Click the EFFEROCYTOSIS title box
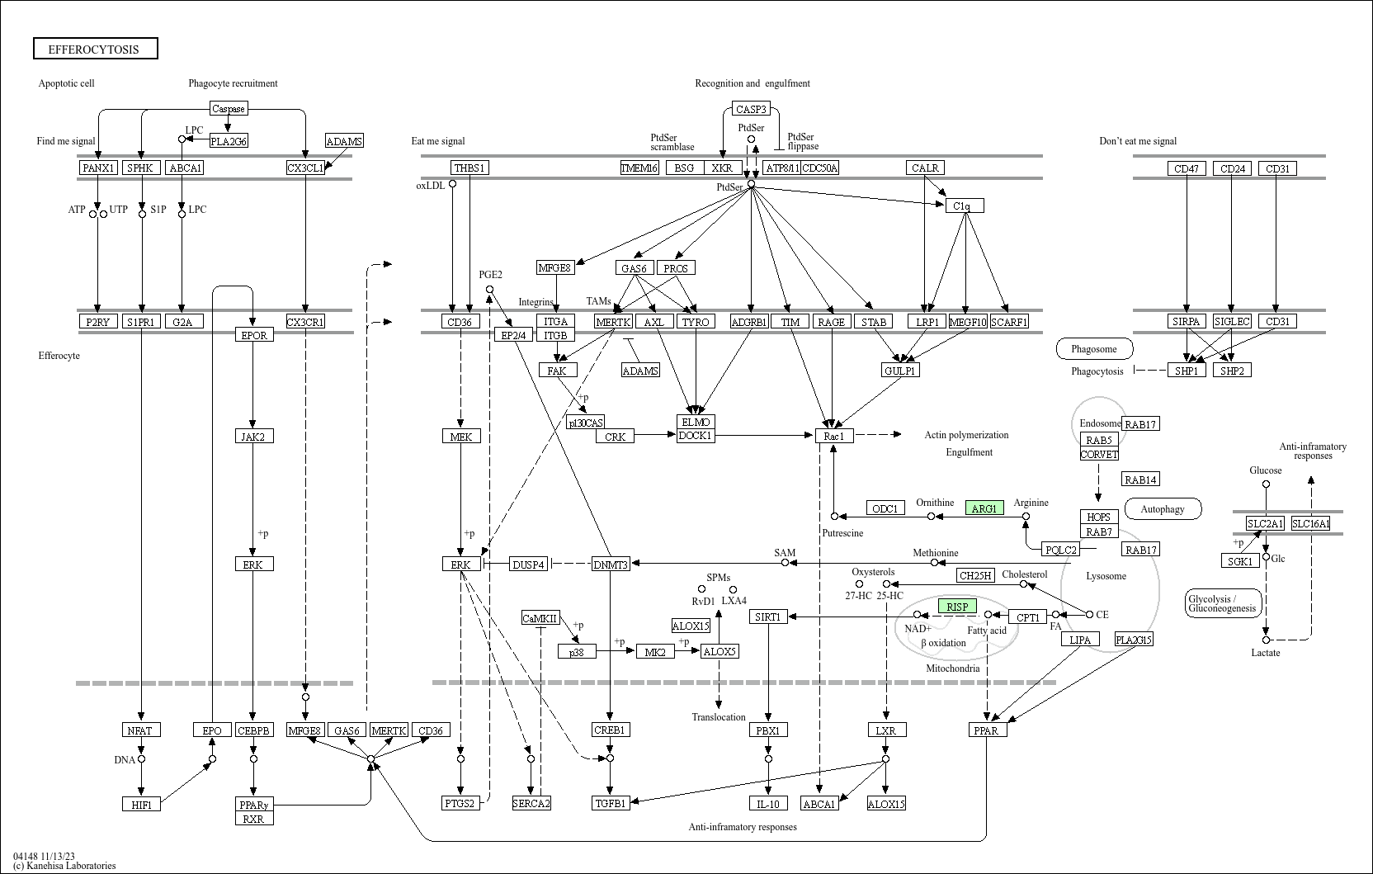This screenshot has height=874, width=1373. (x=96, y=49)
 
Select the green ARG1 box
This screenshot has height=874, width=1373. (x=984, y=508)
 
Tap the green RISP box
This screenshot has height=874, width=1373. (x=957, y=606)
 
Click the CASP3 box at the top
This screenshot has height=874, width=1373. (x=751, y=109)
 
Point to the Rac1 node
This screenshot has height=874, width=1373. (x=834, y=436)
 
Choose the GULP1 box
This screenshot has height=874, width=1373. (x=900, y=371)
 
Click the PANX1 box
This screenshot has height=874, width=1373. (x=98, y=168)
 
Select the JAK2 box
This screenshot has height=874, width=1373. (x=254, y=436)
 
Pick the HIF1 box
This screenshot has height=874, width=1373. (x=142, y=804)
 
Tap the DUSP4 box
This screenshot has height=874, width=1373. (x=528, y=564)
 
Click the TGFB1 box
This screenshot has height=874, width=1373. (x=611, y=803)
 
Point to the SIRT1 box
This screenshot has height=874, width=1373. (x=768, y=617)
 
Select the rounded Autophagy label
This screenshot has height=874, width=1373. (x=1163, y=508)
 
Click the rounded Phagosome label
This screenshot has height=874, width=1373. (x=1094, y=349)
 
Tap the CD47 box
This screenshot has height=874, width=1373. (x=1187, y=168)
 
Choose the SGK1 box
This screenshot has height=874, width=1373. (x=1240, y=561)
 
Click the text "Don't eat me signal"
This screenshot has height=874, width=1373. (x=1138, y=141)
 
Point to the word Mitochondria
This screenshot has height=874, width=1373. (x=952, y=668)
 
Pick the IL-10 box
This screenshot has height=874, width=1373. (x=768, y=803)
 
